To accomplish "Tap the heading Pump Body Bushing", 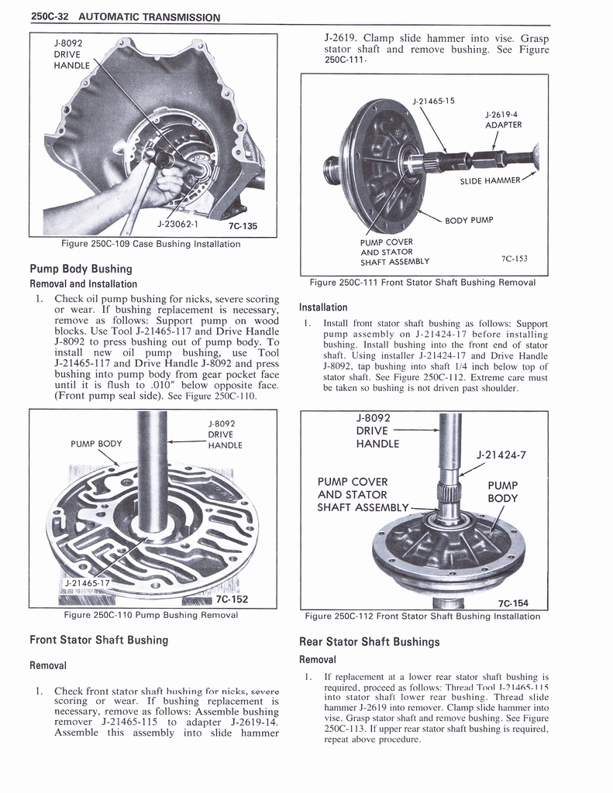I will (x=81, y=269).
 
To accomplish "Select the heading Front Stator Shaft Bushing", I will (x=98, y=640).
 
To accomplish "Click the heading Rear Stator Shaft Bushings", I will (x=369, y=641).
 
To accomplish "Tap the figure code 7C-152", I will (x=232, y=599).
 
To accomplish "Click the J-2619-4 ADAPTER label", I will (x=503, y=119).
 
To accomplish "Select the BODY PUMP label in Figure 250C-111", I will (x=469, y=220).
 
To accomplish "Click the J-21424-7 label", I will (x=501, y=455).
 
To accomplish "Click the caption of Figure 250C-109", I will (x=150, y=244).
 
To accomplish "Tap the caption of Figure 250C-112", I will (x=422, y=616).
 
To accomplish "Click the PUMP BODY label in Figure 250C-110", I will (x=96, y=444).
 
